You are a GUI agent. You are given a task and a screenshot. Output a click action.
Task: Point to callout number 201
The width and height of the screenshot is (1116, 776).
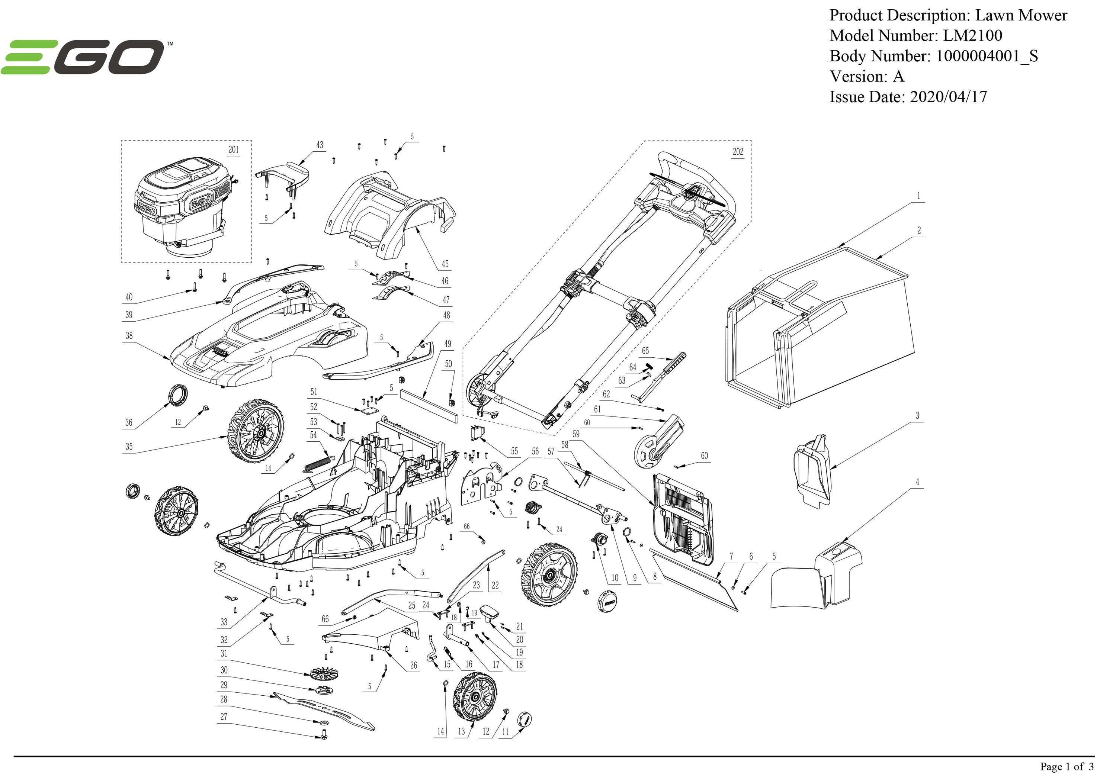click(233, 150)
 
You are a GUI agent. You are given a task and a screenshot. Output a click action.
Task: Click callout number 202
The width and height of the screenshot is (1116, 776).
click(737, 152)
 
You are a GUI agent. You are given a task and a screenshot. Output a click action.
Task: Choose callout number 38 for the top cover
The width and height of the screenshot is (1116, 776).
click(129, 336)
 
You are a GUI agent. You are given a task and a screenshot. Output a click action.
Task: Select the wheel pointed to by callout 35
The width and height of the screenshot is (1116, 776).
click(255, 431)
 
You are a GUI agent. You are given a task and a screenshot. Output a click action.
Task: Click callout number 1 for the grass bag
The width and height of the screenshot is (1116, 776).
click(918, 196)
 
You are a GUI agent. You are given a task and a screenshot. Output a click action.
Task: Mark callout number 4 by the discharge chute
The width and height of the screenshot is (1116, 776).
click(917, 482)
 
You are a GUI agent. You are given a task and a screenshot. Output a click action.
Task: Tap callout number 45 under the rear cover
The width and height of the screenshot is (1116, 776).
click(445, 264)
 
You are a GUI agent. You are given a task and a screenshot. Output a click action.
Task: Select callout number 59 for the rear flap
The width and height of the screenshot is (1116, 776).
click(576, 434)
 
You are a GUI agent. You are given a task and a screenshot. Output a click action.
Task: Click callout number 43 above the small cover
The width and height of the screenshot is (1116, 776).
click(319, 145)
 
